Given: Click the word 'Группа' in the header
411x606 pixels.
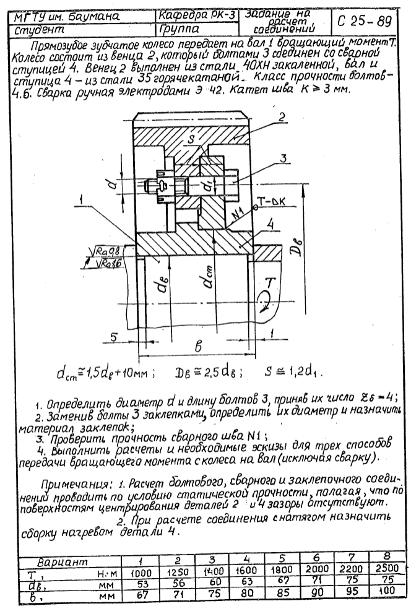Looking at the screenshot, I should pos(177,28).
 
